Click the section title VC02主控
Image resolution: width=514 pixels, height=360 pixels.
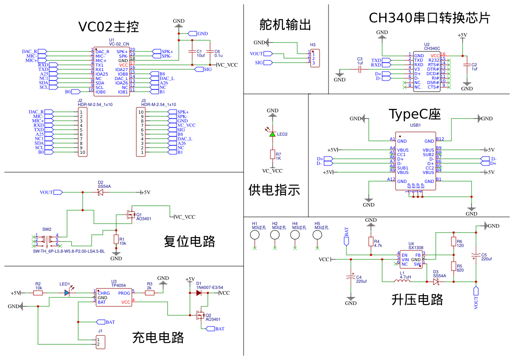click(x=109, y=27)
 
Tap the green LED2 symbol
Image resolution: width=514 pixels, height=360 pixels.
click(x=272, y=134)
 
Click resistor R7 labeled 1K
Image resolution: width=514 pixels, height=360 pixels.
click(x=272, y=154)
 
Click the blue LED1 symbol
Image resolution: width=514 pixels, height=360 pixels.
click(x=67, y=293)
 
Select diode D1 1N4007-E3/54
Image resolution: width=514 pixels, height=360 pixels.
click(x=198, y=293)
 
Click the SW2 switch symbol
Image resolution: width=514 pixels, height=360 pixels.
click(x=47, y=240)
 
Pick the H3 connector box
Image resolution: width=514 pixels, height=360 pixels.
click(x=314, y=59)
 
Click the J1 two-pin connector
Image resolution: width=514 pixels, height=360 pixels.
click(x=101, y=343)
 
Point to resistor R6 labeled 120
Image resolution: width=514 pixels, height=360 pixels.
click(x=453, y=242)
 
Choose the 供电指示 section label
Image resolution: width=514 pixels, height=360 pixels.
click(x=274, y=190)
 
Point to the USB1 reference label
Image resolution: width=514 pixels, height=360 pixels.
click(x=415, y=125)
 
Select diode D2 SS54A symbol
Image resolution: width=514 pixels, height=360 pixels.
click(x=100, y=192)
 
